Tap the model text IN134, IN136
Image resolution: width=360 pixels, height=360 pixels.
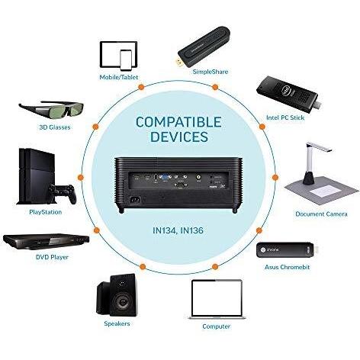pos(180,228)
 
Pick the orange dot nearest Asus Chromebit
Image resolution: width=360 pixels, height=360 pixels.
pos(260,230)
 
